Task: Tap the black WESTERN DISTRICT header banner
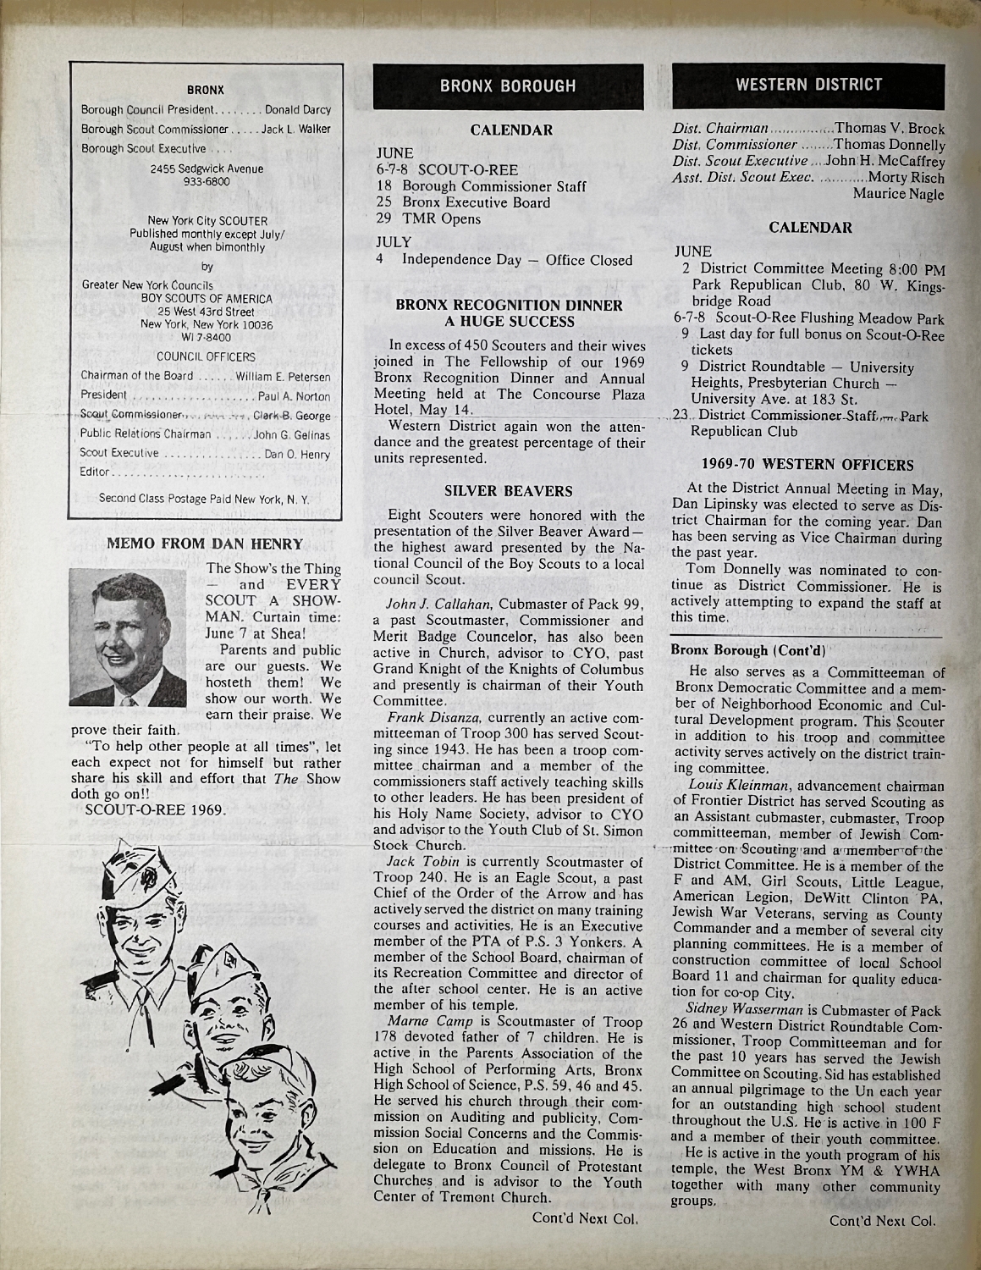(x=808, y=84)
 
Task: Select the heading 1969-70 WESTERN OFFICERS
(x=807, y=464)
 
